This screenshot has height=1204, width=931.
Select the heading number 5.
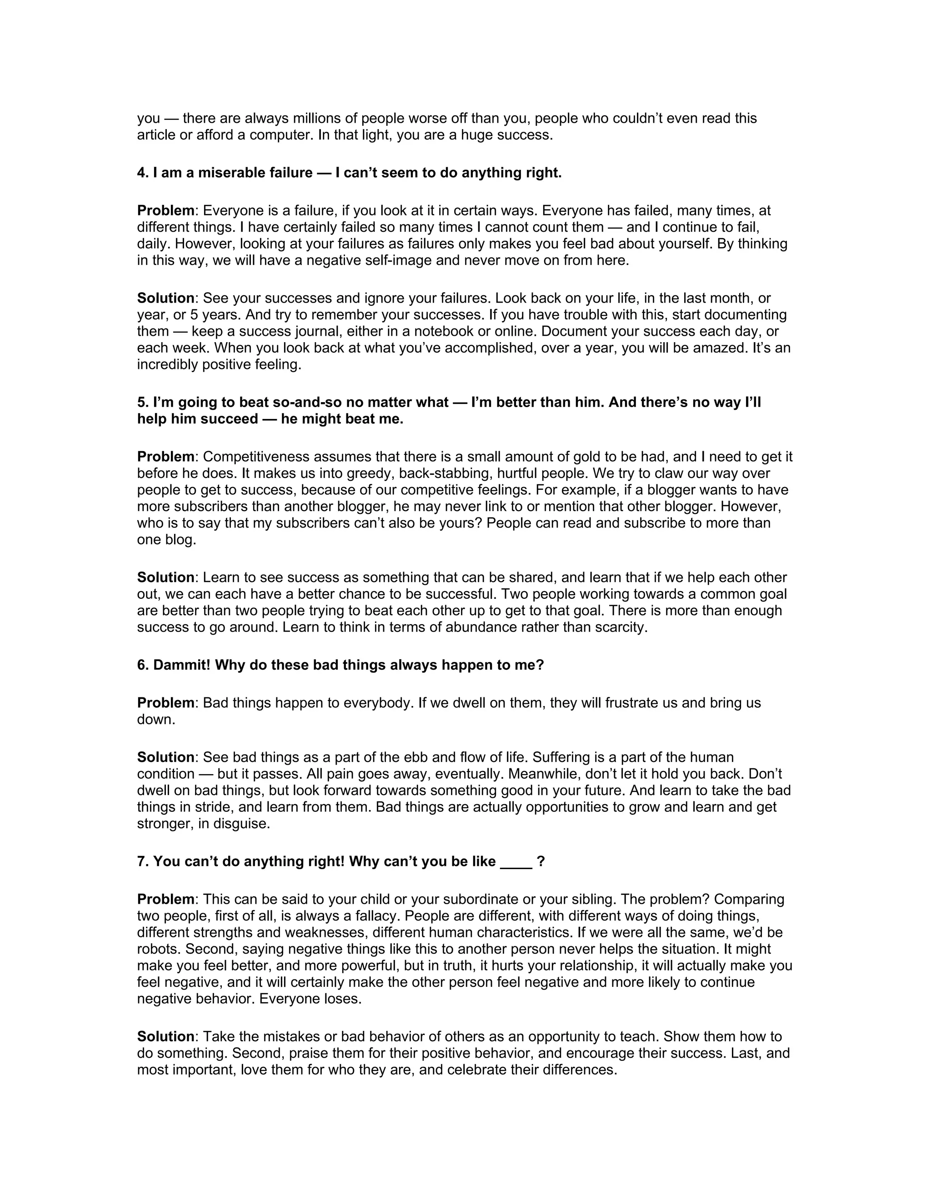pyautogui.click(x=142, y=403)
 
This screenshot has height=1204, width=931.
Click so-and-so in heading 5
pyautogui.click(x=305, y=403)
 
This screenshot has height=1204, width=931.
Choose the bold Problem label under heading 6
pyautogui.click(x=165, y=703)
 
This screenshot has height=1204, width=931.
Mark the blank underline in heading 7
pyautogui.click(x=516, y=861)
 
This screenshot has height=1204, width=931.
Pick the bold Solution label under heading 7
pyautogui.click(x=165, y=1036)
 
